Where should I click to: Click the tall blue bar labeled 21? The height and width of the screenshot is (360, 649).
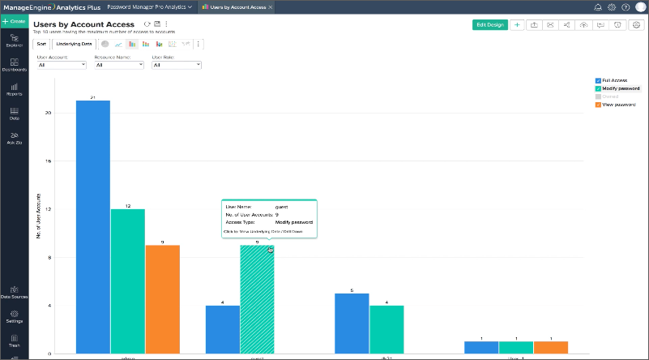[93, 227]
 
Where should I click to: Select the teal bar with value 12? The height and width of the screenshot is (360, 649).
[128, 281]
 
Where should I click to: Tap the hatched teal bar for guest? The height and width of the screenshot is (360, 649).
[257, 299]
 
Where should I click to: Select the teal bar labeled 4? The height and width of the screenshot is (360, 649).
[386, 328]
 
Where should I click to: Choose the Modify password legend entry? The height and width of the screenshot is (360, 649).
[617, 88]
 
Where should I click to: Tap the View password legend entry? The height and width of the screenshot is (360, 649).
[616, 105]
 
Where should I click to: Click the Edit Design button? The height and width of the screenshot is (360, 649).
[489, 24]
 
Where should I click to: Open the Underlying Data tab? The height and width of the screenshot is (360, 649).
[74, 43]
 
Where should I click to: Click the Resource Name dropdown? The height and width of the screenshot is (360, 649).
[117, 65]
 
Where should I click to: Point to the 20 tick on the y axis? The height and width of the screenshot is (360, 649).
[49, 113]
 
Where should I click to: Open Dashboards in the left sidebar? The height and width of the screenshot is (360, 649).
[14, 65]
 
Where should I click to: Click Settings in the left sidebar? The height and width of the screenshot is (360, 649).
[14, 316]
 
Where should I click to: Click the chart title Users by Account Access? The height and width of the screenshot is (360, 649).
[83, 24]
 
